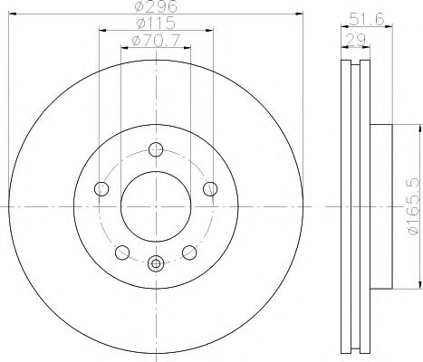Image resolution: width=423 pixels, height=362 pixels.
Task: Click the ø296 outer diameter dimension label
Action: pyautogui.click(x=153, y=9)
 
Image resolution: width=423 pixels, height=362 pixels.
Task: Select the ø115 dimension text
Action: pyautogui.click(x=153, y=24)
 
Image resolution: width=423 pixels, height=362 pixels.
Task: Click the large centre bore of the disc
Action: pyautogui.click(x=155, y=207)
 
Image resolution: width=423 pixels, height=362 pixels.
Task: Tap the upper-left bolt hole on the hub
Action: pyautogui.click(x=101, y=189)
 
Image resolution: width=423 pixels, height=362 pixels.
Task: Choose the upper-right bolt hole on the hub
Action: pyautogui.click(x=210, y=189)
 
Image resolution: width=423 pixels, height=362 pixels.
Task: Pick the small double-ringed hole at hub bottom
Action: pyautogui.click(x=155, y=265)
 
